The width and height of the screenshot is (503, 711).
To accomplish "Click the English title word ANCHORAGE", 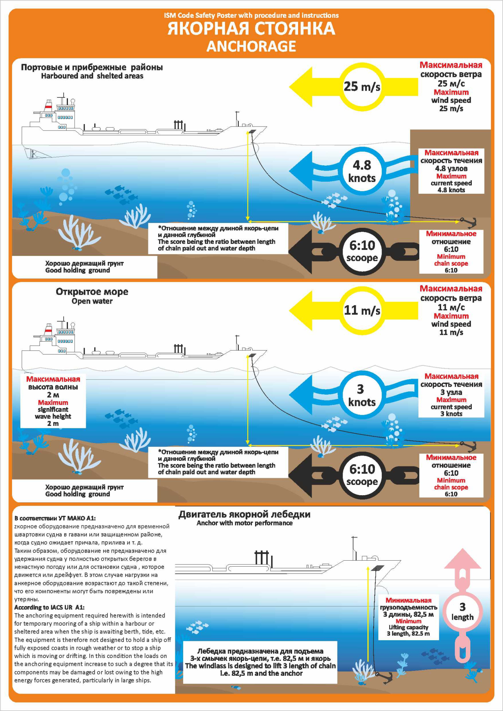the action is pos(251,46).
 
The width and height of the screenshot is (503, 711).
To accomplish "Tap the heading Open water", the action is pos(92,301).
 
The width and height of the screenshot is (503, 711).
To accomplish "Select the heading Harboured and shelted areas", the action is pos(92,76).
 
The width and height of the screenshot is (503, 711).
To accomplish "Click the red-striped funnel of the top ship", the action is pos(48,106).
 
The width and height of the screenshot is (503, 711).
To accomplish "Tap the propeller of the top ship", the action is pos(33,154).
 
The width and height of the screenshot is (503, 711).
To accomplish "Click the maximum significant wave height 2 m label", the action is pos(53,401).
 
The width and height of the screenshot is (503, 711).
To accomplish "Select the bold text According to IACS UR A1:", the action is pos(49,607).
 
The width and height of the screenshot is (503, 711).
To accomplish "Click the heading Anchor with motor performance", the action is pos(244,523).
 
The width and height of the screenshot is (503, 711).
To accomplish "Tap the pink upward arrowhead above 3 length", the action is pos(462,559).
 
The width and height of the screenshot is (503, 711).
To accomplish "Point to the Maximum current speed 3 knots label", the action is pos(451,395).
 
